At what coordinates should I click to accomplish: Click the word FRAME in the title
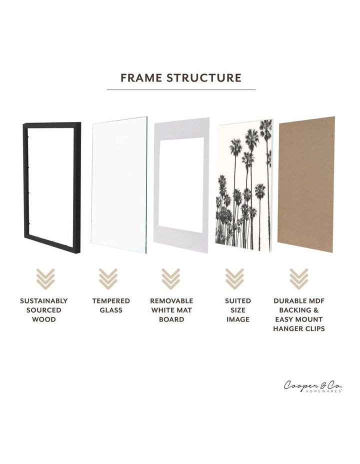click(x=142, y=78)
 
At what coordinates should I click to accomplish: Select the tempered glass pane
click(x=119, y=185)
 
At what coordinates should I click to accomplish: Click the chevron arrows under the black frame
click(x=44, y=279)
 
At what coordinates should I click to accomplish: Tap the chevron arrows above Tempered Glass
click(x=107, y=279)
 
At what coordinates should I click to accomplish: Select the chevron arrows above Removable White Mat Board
click(x=171, y=279)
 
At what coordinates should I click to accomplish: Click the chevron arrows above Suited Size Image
click(x=235, y=279)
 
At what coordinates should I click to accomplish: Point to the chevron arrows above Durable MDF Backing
click(x=298, y=279)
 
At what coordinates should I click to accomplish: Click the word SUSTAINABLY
click(x=44, y=301)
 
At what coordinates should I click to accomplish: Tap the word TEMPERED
click(x=111, y=301)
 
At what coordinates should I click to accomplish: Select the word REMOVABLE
click(x=171, y=301)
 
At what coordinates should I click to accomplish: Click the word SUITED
click(x=238, y=301)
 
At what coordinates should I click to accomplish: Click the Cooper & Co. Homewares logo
click(x=313, y=386)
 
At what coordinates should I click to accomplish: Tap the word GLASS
click(x=111, y=310)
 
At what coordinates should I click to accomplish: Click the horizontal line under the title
click(x=181, y=90)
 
